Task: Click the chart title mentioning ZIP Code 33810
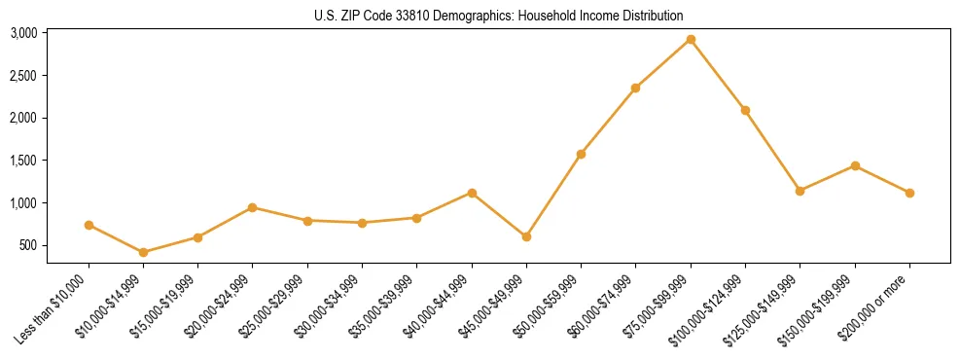click(x=499, y=16)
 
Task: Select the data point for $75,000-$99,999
click(x=691, y=40)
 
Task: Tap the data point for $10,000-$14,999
click(x=144, y=252)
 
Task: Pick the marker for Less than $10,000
click(x=89, y=225)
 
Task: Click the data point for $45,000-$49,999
click(x=526, y=236)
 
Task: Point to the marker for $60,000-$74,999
click(x=635, y=88)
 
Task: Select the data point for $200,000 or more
click(x=909, y=193)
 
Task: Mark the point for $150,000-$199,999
click(x=855, y=165)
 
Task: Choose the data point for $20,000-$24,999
click(x=253, y=207)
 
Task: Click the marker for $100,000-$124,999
click(x=745, y=110)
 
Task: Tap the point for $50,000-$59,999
click(x=581, y=154)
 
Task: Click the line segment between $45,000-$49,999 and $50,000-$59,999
click(x=553, y=196)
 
